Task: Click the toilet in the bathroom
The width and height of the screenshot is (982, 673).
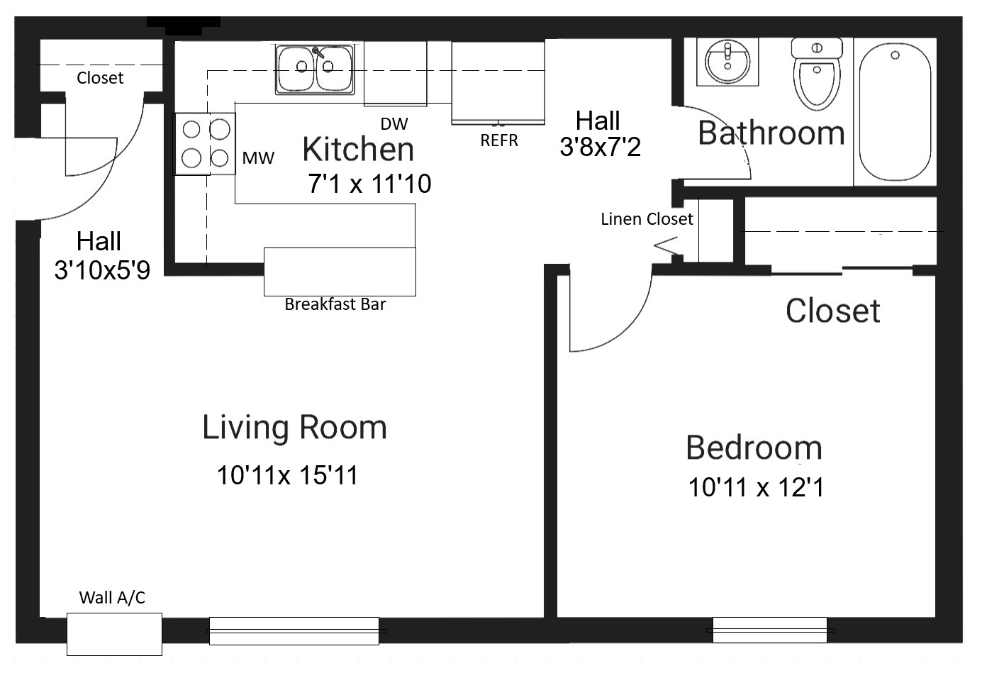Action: tap(817, 74)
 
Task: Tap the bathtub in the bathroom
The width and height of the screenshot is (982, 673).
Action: tap(895, 112)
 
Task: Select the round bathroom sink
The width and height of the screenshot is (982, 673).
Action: tap(727, 62)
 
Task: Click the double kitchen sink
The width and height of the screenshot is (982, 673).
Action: tap(315, 69)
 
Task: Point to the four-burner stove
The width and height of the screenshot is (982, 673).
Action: tap(205, 144)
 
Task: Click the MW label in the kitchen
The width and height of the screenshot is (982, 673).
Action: tap(258, 158)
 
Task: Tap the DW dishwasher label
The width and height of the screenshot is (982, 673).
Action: tap(394, 124)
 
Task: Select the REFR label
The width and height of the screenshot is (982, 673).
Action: tap(499, 140)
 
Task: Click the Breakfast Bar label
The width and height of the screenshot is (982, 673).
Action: tap(335, 304)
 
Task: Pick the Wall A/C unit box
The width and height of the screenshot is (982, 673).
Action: tap(114, 634)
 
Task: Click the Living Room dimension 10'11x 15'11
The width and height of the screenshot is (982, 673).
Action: tap(288, 475)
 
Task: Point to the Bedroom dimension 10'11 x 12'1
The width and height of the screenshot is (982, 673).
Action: tap(757, 487)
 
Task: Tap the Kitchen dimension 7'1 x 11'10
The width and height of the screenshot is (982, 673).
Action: tap(369, 183)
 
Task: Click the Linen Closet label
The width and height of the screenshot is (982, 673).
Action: tap(647, 219)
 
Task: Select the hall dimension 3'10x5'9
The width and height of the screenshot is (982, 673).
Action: tap(102, 269)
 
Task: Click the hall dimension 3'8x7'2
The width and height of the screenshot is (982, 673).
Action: tap(600, 147)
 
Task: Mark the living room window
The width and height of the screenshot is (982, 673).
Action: tap(294, 631)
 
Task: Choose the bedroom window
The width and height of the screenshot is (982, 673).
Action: tap(770, 630)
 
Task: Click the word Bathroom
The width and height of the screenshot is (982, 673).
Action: tap(771, 133)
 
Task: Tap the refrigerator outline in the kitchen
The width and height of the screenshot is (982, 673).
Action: tap(498, 82)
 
